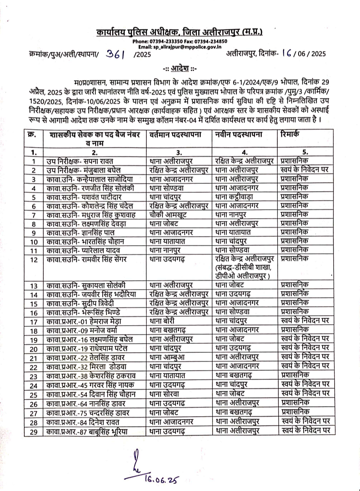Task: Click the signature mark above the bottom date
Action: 136,460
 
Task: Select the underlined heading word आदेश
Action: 180,69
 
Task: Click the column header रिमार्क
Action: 290,134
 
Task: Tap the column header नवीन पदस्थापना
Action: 239,134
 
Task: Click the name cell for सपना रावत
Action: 80,161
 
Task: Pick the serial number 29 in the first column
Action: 34,432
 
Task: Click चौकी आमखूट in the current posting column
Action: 168,215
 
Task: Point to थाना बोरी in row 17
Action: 162,321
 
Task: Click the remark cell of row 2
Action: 305,170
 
